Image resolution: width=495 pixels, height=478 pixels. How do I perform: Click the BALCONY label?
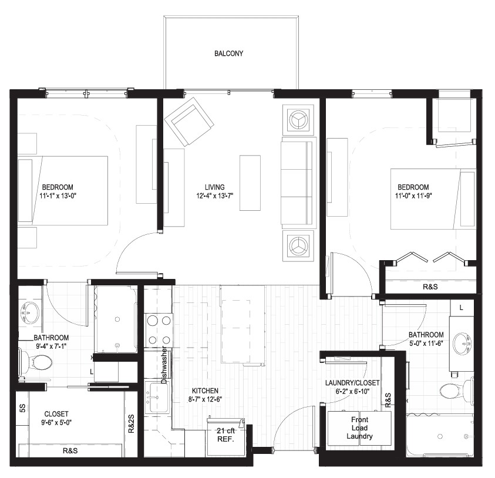228,53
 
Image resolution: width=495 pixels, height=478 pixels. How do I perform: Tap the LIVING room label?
215,187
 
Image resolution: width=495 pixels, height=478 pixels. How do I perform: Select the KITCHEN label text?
205,391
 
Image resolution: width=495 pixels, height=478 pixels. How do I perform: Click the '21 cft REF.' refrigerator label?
225,435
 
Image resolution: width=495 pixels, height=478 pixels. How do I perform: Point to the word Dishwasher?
164,365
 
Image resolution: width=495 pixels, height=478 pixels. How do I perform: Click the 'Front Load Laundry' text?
359,428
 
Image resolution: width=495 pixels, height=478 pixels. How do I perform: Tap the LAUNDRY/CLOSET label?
352,383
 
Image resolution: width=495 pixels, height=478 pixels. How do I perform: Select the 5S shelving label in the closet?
22,408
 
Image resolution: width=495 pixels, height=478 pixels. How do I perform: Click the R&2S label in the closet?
132,423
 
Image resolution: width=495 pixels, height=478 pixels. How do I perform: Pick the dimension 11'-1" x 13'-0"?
58,196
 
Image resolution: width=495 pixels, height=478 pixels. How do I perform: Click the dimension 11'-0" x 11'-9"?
413,196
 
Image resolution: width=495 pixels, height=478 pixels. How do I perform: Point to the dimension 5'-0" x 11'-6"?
426,343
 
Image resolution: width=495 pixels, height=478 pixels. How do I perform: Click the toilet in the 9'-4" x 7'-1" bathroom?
36,362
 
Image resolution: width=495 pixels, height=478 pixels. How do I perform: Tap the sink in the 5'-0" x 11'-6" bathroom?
463,344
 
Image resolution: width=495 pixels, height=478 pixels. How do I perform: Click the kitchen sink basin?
159,398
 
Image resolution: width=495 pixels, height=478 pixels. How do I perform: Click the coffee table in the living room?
250,183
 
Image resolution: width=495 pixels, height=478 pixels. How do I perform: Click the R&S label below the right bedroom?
430,287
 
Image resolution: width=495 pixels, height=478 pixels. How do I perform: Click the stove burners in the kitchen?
159,330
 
